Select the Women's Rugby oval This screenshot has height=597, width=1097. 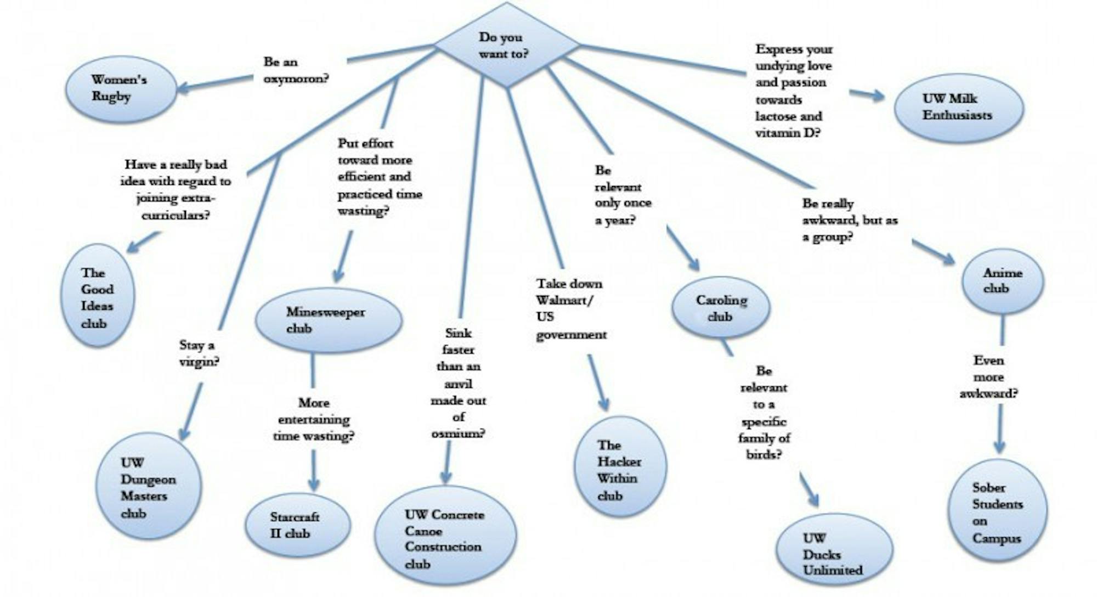point(121,88)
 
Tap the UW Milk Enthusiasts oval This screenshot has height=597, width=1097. point(958,108)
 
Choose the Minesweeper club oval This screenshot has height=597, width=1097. point(328,320)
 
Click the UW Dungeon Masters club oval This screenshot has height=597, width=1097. point(148,487)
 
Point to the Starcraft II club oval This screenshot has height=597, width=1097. point(297,525)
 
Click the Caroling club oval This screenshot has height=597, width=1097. point(721,308)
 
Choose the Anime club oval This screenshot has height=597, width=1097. point(1002,281)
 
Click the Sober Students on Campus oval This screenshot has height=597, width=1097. point(997,512)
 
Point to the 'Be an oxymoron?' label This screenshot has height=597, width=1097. point(295,70)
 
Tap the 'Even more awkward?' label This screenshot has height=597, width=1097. point(988,377)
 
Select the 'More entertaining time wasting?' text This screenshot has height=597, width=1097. point(314,420)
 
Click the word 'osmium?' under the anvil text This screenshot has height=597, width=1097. point(458,434)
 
